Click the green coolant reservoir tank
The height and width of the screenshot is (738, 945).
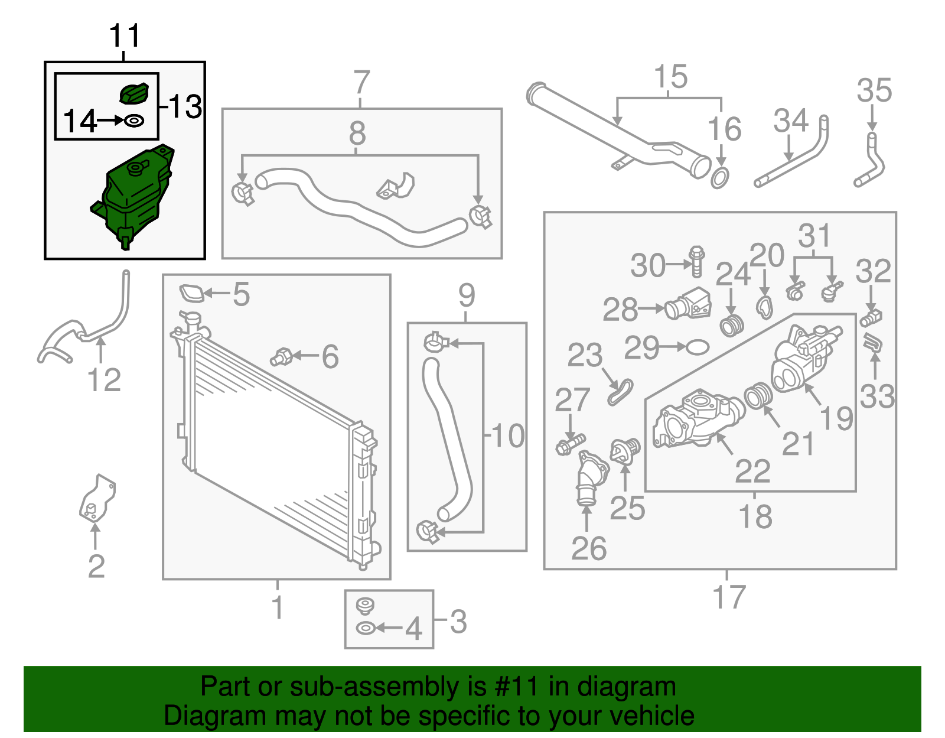pos(133,196)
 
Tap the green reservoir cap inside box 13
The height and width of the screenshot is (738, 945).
pos(134,93)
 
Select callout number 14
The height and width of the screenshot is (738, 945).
pos(79,121)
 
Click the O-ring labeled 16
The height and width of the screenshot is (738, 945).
pos(720,178)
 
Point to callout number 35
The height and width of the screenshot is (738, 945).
pos(874,90)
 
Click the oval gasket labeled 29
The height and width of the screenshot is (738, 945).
pos(697,347)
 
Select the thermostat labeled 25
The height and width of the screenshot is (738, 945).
pos(625,450)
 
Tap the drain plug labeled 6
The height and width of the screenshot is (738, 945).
pos(281,356)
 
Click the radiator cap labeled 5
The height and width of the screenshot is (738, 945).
pos(191,292)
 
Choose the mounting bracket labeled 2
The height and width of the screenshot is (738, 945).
pos(97,498)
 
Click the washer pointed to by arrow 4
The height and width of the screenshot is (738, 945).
pos(365,629)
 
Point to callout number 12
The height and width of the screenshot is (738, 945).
pos(104,380)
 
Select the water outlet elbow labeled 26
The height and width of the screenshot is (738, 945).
pos(591,479)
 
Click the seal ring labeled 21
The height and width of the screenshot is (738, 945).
pos(758,395)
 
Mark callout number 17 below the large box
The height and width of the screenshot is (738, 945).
pos(729,597)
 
